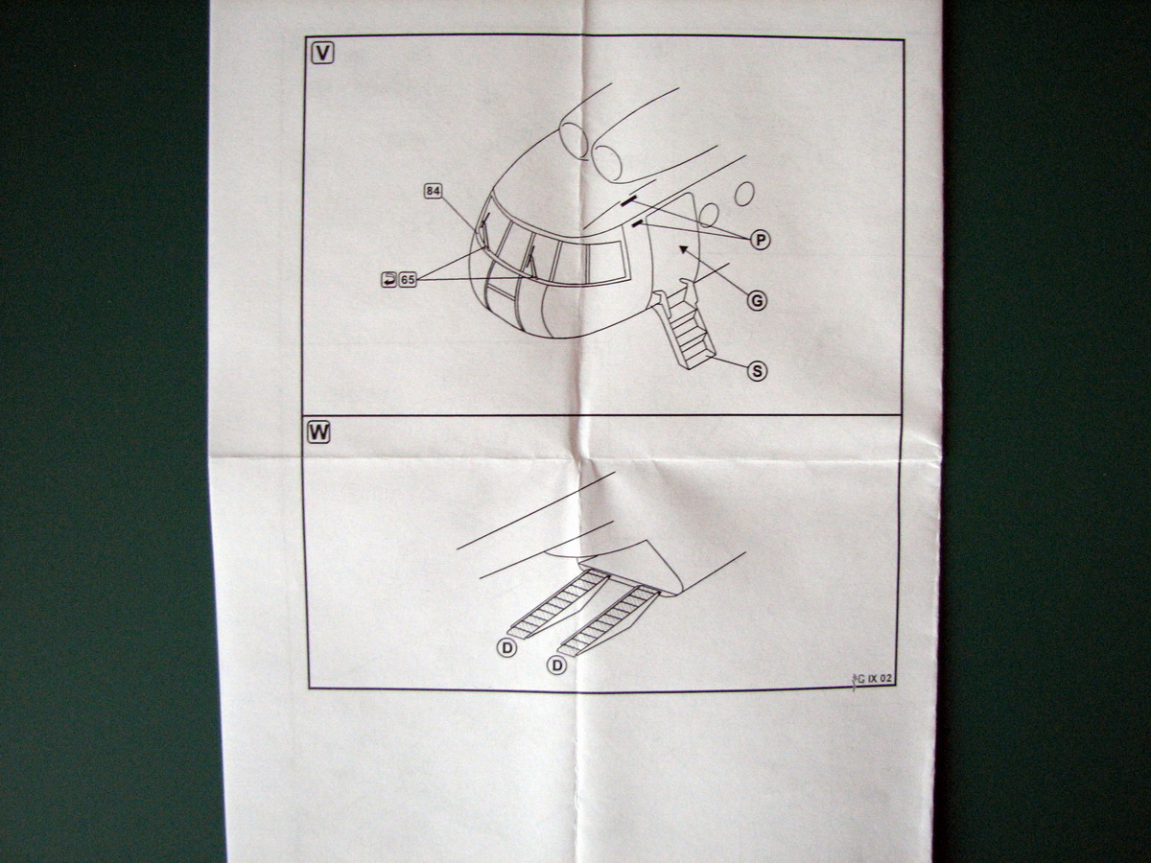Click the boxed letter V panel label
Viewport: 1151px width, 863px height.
[x=323, y=53]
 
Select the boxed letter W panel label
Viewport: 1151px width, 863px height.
[x=318, y=431]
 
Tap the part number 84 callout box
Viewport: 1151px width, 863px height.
[x=433, y=191]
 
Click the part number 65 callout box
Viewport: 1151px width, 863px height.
[x=408, y=279]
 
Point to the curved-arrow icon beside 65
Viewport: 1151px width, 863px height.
[x=388, y=279]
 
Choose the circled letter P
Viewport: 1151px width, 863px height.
[x=760, y=240]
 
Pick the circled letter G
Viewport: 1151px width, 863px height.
[x=757, y=300]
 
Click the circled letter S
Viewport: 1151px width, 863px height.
[x=758, y=370]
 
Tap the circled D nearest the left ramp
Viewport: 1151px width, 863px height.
[x=506, y=649]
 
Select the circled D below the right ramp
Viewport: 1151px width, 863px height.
[x=556, y=665]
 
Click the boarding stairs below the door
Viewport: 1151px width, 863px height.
[x=687, y=328]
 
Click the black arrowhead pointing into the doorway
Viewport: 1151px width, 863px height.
[x=682, y=249]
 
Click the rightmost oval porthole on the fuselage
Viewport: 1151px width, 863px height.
[x=744, y=194]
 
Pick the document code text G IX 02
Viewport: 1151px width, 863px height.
[x=874, y=679]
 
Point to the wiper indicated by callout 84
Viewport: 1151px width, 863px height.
[x=484, y=228]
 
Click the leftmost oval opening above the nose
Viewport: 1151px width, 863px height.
[x=574, y=140]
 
